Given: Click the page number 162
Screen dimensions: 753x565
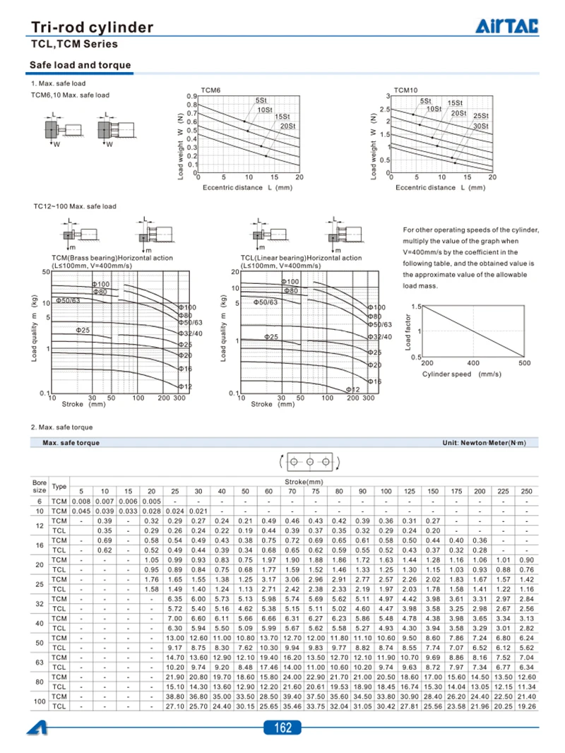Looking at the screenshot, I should click(282, 728).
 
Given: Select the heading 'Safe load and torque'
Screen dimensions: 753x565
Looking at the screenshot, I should click(80, 66).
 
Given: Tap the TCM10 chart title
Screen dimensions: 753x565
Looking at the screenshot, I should click(406, 90).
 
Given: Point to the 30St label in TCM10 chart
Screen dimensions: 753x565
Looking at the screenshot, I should click(481, 126).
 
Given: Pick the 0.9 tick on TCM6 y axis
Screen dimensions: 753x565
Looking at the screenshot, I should click(191, 96).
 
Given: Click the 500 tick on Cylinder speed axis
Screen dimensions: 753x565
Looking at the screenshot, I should click(524, 363).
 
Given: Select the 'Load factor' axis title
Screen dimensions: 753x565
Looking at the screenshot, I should click(408, 332).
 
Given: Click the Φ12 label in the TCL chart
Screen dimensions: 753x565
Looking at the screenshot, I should click(352, 390).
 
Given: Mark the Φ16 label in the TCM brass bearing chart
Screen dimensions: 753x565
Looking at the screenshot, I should click(185, 369).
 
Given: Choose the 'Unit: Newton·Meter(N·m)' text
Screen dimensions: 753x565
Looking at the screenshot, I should click(484, 443).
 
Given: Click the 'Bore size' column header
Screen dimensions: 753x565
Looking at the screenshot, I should click(40, 487).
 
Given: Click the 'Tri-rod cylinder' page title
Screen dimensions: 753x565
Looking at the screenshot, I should click(92, 28).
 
